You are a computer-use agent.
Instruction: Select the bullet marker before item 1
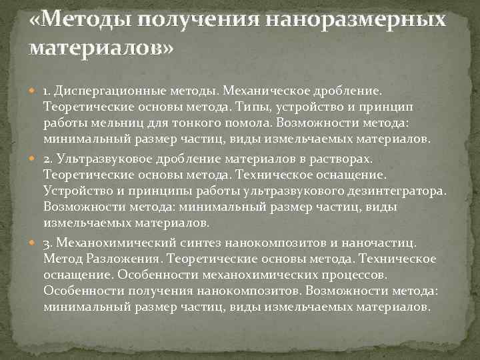pyautogui.click(x=35, y=89)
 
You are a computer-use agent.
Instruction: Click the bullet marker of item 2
pyautogui.click(x=35, y=159)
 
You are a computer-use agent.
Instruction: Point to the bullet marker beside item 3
pyautogui.click(x=35, y=243)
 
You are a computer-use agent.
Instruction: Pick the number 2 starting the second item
pyautogui.click(x=46, y=159)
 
